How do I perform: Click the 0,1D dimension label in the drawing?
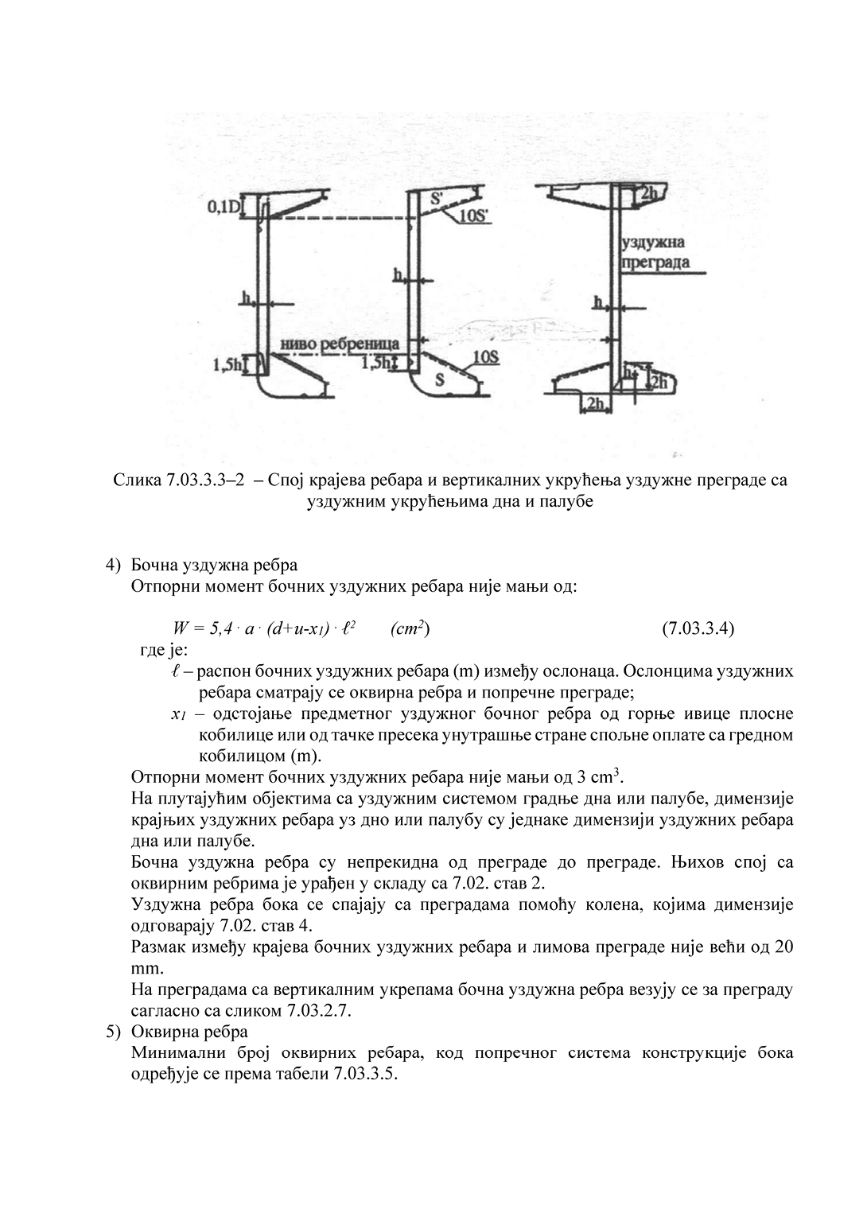click(223, 208)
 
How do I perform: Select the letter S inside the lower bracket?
click(439, 380)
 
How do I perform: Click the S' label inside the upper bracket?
click(437, 200)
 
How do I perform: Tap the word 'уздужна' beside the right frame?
click(651, 243)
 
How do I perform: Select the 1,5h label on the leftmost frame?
click(227, 365)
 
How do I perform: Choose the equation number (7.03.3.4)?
click(698, 628)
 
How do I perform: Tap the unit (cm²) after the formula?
click(411, 628)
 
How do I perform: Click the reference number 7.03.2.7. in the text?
click(317, 1012)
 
